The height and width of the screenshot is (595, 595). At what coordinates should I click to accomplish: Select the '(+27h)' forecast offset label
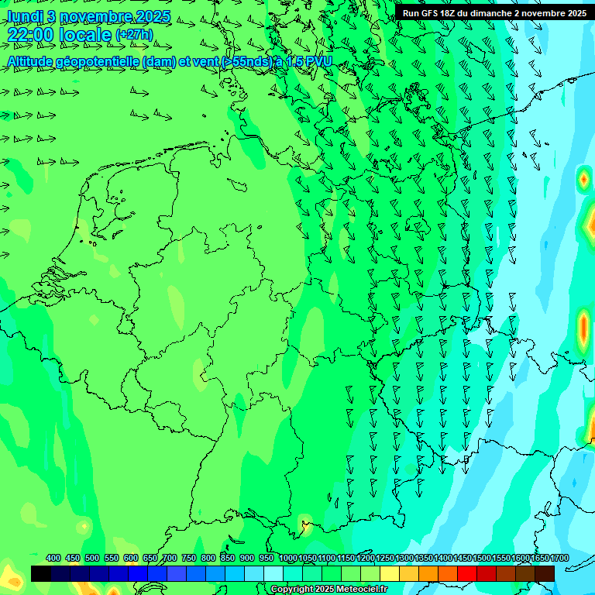point(134,35)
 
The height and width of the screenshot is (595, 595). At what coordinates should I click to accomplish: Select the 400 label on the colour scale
point(53,559)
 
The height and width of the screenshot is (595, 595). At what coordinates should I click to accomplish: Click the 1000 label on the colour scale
point(288,559)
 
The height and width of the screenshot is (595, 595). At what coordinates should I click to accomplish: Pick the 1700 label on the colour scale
point(559,559)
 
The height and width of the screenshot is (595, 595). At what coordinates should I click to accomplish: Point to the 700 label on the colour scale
point(170,559)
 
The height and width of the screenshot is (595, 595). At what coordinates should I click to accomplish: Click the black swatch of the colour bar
point(41,573)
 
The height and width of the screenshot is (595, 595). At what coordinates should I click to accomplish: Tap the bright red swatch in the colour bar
point(467,573)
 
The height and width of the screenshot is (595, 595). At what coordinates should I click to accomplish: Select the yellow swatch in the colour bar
point(390,573)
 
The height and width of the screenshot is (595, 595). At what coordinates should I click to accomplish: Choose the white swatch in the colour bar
point(273,573)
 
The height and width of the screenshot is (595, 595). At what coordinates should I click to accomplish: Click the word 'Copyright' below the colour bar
point(291,590)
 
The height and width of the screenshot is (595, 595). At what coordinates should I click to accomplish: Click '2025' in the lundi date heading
point(152,16)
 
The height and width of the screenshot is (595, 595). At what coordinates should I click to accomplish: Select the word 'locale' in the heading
point(86,35)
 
